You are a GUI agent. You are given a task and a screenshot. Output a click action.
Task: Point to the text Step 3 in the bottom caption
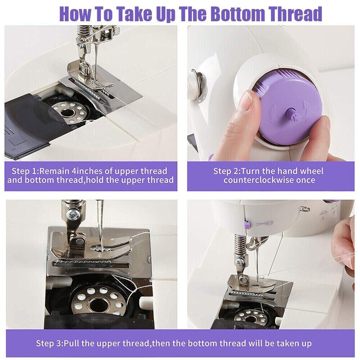pos(49,343)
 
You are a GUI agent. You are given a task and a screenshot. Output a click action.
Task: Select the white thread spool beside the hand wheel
pos(194,85)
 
